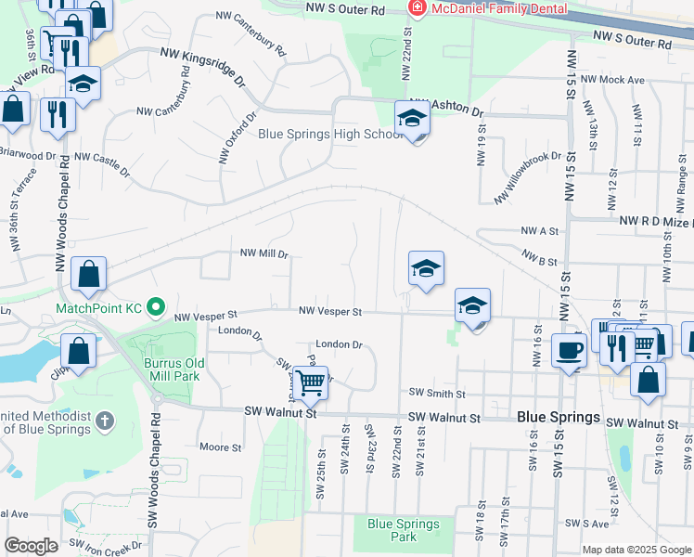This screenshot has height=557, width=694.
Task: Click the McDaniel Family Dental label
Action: pyautogui.click(x=491, y=8)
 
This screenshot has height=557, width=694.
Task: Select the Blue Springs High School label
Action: pyautogui.click(x=330, y=134)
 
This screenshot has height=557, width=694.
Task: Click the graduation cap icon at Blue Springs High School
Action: pyautogui.click(x=412, y=119)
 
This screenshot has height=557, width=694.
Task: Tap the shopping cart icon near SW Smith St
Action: pyautogui.click(x=310, y=380)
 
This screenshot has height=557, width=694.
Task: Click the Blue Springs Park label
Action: pyautogui.click(x=404, y=530)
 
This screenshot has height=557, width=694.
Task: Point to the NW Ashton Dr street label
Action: pyautogui.click(x=447, y=107)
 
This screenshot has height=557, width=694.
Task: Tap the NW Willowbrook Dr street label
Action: pyautogui.click(x=528, y=177)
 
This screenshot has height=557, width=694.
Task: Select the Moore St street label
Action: pyautogui.click(x=221, y=447)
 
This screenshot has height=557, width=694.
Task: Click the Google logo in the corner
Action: pyautogui.click(x=31, y=546)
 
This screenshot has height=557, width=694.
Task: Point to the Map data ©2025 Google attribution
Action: pyautogui.click(x=636, y=550)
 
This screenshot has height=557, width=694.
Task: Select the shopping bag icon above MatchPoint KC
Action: pyautogui.click(x=88, y=274)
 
